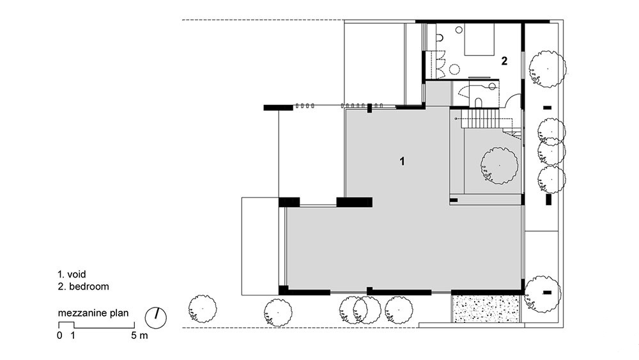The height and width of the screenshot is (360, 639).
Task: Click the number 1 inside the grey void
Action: pyautogui.click(x=402, y=161)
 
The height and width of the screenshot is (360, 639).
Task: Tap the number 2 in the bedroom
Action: pyautogui.click(x=504, y=61)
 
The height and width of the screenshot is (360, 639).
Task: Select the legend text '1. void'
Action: pyautogui.click(x=72, y=274)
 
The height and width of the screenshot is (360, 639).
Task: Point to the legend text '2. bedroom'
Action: pyautogui.click(x=84, y=286)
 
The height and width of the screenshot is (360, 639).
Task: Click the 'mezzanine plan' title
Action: pyautogui.click(x=93, y=313)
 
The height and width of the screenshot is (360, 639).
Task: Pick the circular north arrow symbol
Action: pyautogui.click(x=156, y=317)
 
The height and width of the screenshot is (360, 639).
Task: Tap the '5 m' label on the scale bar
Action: pyautogui.click(x=139, y=336)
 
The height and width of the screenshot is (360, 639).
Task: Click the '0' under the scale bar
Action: pyautogui.click(x=60, y=336)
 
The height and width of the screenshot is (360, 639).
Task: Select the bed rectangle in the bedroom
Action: pyautogui.click(x=479, y=39)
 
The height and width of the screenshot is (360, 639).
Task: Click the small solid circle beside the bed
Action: pyautogui.click(x=459, y=29)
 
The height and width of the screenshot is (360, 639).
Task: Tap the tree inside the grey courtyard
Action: pyautogui.click(x=499, y=166)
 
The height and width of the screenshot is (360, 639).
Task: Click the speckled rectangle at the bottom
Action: pyautogui.click(x=486, y=309)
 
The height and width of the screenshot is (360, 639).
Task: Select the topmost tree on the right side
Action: pyautogui.click(x=548, y=69)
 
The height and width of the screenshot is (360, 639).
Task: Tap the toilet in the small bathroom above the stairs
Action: pyautogui.click(x=479, y=102)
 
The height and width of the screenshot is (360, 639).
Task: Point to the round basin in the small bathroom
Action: pyautogui.click(x=492, y=86)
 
